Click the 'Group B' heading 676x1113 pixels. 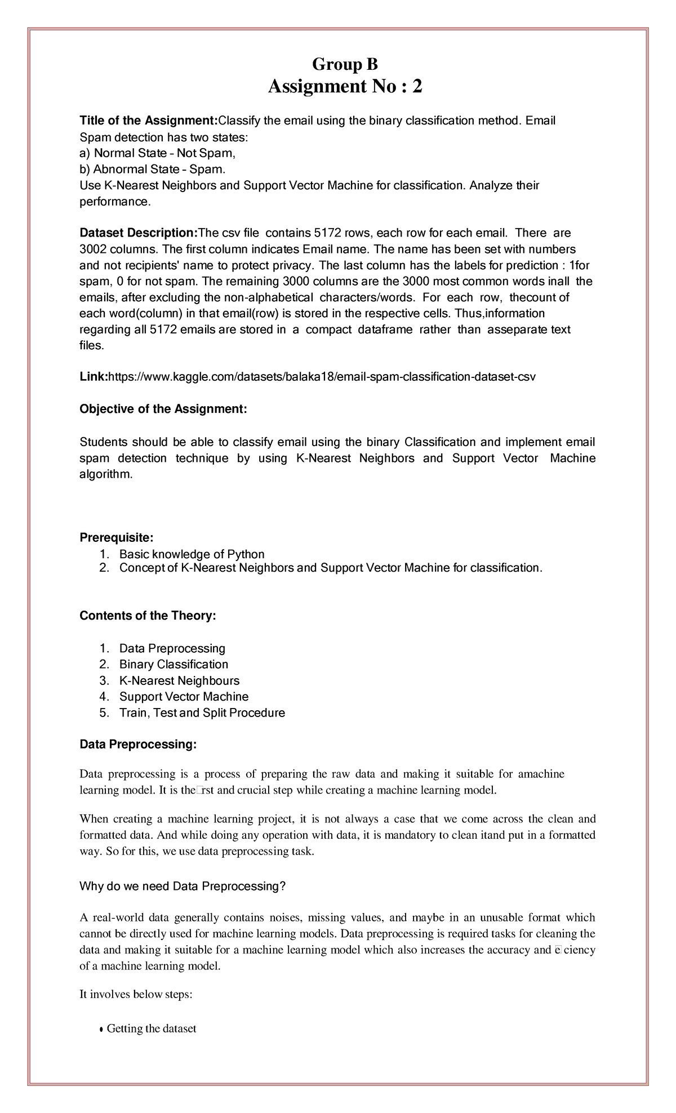(x=345, y=65)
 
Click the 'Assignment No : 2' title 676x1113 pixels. (x=345, y=87)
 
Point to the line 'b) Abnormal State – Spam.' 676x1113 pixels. (x=152, y=169)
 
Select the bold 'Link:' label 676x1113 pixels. (x=94, y=377)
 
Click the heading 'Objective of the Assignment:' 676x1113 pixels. (x=163, y=409)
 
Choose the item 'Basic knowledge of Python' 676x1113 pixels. (x=192, y=554)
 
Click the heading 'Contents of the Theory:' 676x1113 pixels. (x=148, y=616)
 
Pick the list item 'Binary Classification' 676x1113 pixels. (x=174, y=664)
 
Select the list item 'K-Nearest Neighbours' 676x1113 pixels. (x=179, y=680)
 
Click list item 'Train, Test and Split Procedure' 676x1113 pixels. (x=202, y=713)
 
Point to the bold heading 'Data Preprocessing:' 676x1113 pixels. (x=138, y=745)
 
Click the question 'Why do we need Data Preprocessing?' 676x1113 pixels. (x=183, y=886)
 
